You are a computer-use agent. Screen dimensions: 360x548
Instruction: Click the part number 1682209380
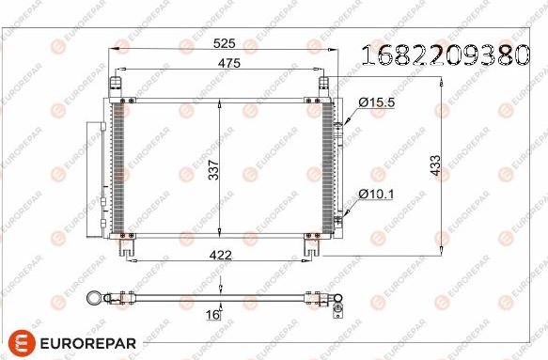point(450,55)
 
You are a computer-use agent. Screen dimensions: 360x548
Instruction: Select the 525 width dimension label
point(224,43)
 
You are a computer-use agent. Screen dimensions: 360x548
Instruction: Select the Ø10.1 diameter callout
point(373,195)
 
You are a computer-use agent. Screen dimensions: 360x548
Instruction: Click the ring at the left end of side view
point(94,299)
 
